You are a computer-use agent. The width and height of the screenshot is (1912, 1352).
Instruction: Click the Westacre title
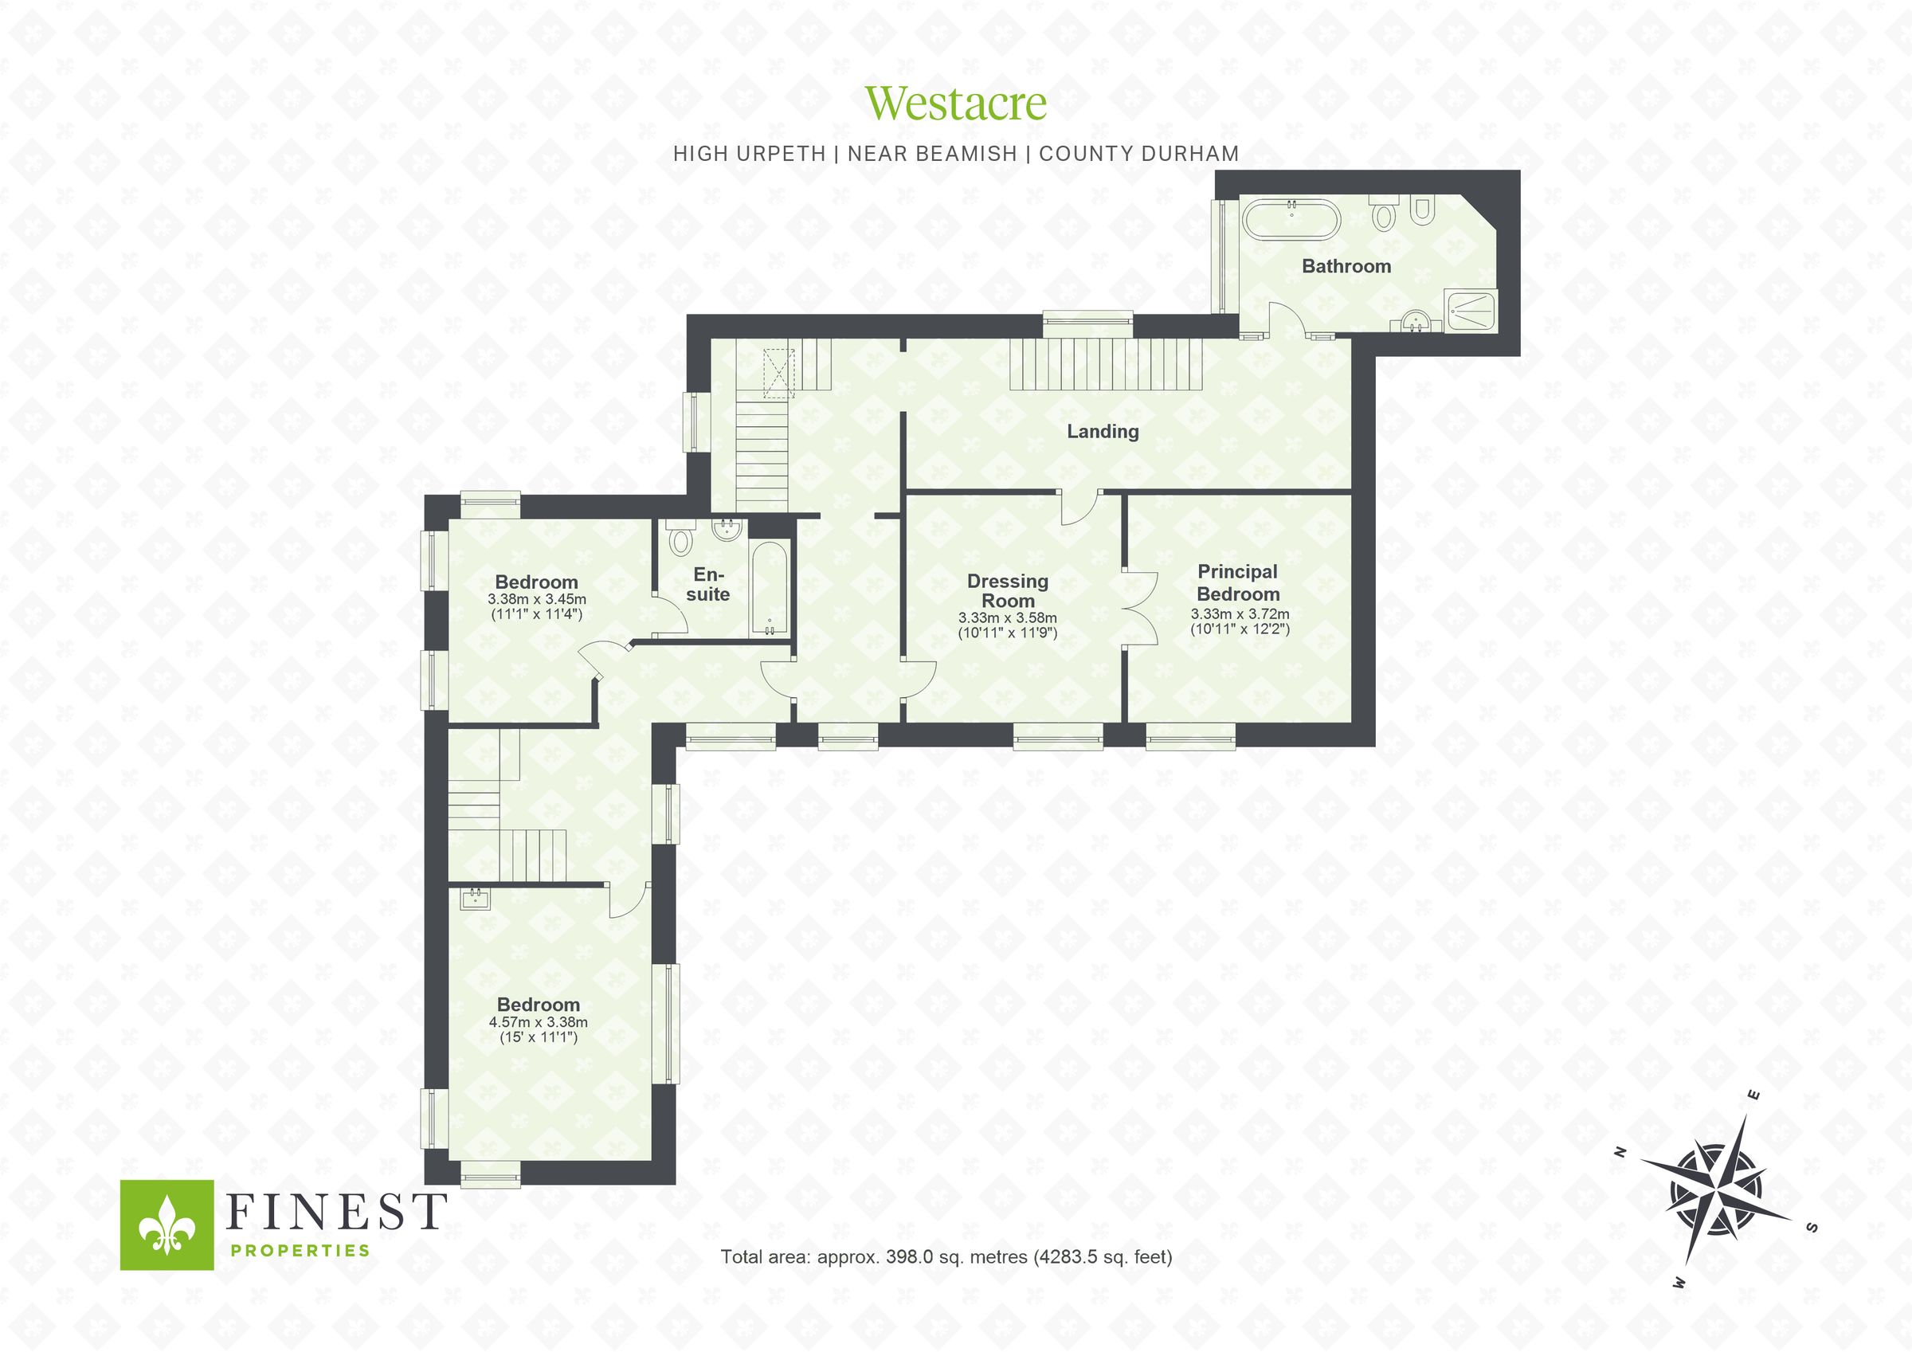pyautogui.click(x=955, y=104)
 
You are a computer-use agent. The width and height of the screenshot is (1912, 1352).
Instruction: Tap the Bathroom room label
pyautogui.click(x=1346, y=267)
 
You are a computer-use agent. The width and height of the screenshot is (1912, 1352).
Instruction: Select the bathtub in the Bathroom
pyautogui.click(x=1291, y=219)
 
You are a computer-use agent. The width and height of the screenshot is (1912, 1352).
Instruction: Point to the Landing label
pyautogui.click(x=1103, y=432)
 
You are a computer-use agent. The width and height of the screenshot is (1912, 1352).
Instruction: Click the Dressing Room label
pyautogui.click(x=1008, y=590)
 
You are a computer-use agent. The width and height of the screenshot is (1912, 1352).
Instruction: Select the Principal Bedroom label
pyautogui.click(x=1238, y=583)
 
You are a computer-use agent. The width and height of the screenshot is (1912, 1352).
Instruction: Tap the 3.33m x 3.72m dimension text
pyautogui.click(x=1239, y=614)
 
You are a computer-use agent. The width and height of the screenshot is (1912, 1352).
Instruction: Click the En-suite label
pyautogui.click(x=708, y=585)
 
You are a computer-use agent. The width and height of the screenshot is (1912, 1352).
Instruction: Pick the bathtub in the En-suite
pyautogui.click(x=769, y=588)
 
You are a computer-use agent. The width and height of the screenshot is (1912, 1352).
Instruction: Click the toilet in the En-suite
pyautogui.click(x=682, y=540)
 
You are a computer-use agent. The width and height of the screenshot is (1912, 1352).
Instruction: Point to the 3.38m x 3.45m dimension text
pyautogui.click(x=537, y=599)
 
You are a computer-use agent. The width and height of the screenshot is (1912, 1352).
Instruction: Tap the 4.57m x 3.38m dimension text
pyautogui.click(x=538, y=1022)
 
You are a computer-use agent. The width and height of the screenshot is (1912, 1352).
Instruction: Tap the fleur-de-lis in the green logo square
pyautogui.click(x=167, y=1225)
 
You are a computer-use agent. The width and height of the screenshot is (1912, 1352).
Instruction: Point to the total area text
pyautogui.click(x=946, y=1257)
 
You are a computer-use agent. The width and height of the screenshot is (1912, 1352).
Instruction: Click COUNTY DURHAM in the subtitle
pyautogui.click(x=1138, y=154)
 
